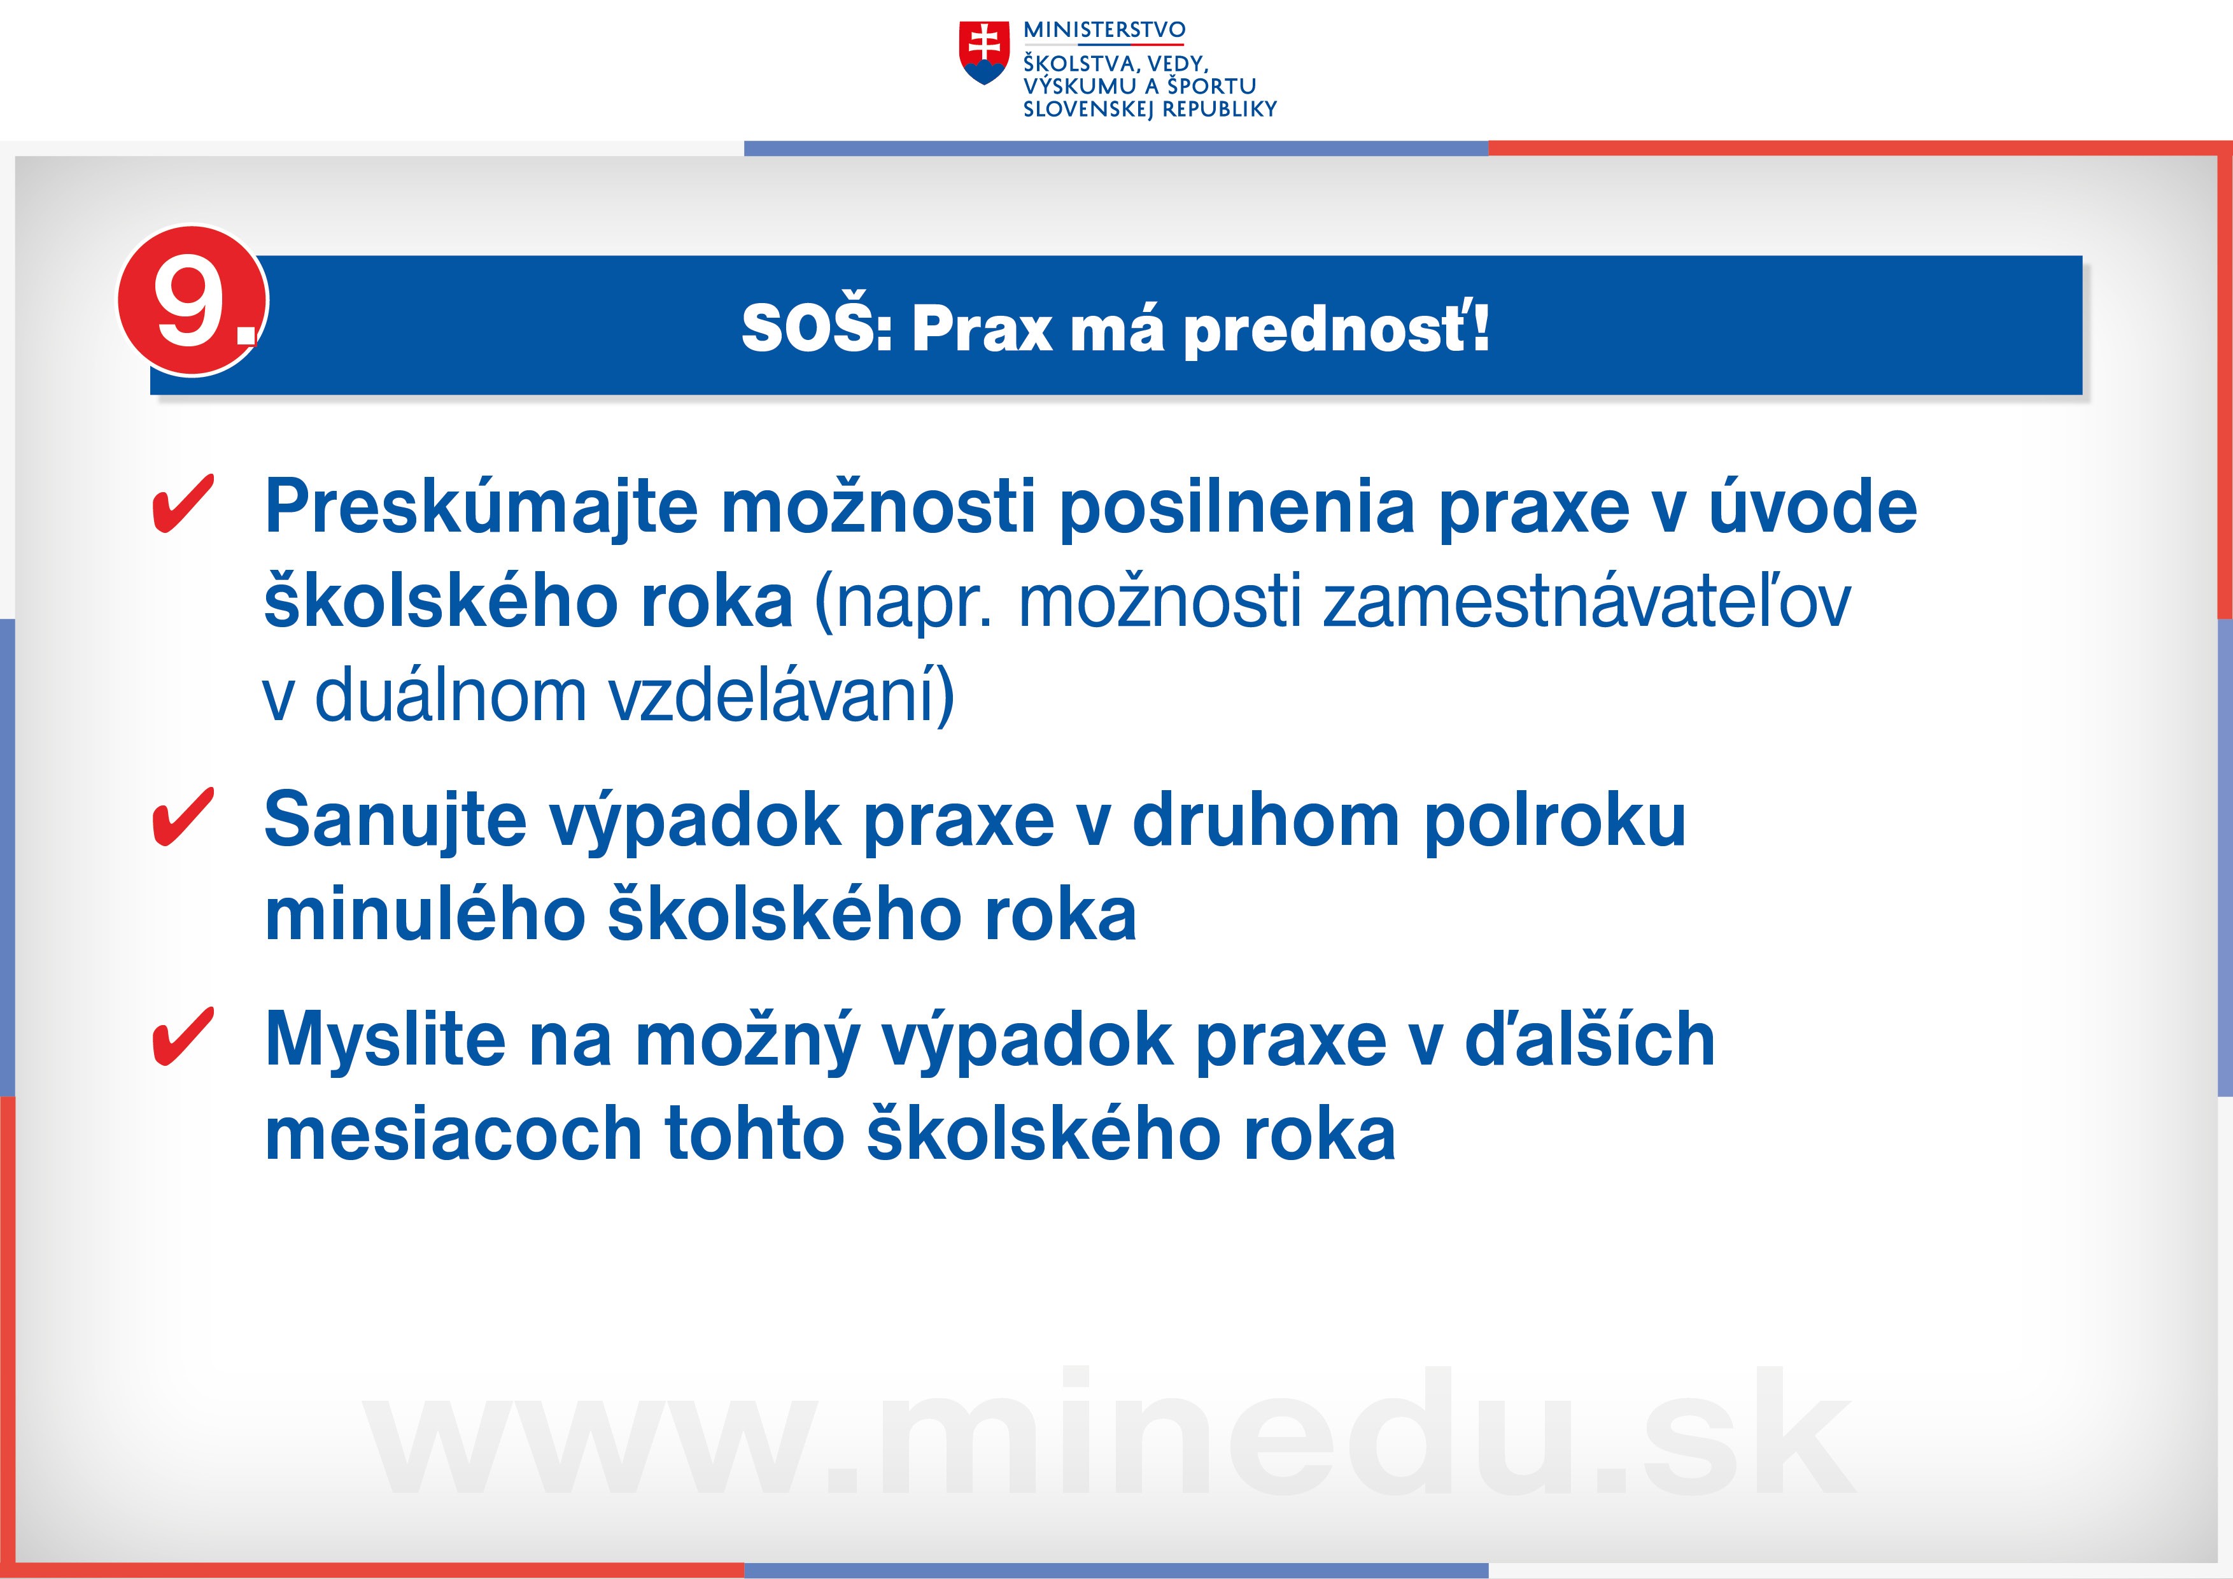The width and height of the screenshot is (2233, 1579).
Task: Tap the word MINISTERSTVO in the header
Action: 1104,30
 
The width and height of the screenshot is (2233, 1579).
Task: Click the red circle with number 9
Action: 193,301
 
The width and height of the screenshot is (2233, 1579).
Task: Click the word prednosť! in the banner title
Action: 1336,329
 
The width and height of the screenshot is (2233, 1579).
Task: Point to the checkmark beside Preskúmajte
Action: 183,504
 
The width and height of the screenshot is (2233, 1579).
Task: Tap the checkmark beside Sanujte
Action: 183,818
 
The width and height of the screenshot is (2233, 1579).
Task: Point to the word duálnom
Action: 451,695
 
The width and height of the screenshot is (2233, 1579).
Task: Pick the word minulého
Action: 424,914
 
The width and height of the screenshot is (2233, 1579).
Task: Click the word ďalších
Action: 1590,1038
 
